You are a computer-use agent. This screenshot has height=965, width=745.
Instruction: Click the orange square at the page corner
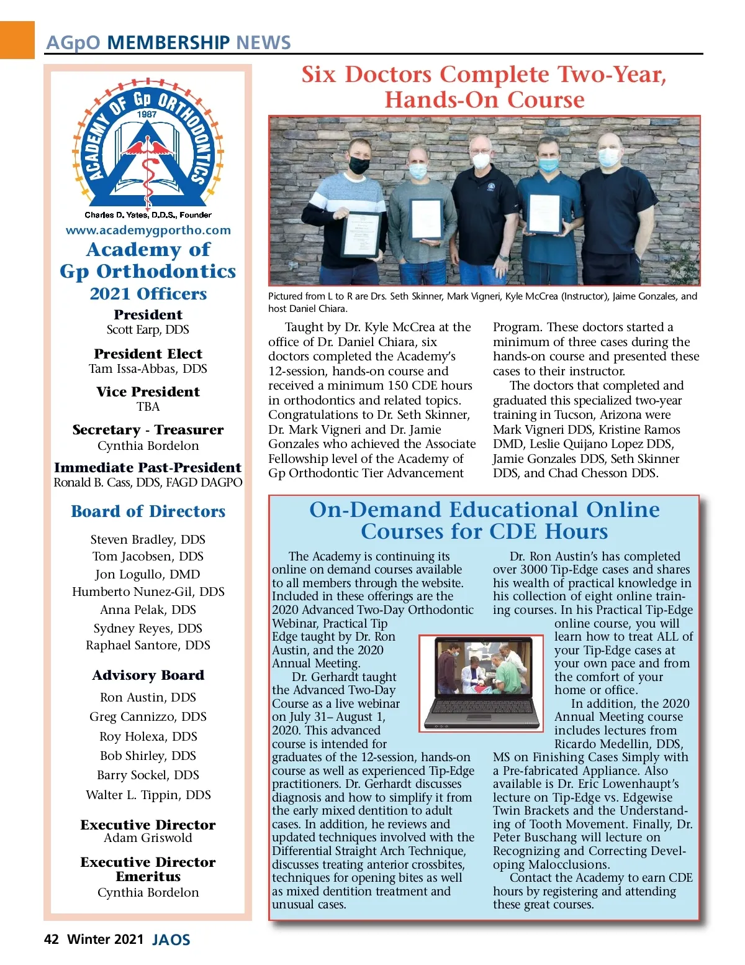17,40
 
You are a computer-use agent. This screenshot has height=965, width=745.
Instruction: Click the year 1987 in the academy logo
147,114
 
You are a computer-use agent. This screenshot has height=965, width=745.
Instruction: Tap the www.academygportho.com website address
148,230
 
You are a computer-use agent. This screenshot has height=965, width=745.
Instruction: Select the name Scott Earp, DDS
148,329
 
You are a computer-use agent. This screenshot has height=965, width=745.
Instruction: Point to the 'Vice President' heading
148,391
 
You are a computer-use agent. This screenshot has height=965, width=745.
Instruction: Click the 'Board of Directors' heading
148,511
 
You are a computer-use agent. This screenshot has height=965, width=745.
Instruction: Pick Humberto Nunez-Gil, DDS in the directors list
148,592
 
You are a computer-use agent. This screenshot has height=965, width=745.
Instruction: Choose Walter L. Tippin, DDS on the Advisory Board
148,795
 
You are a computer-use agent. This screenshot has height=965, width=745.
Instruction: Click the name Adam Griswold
148,838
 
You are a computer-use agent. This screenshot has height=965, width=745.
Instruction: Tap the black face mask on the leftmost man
359,165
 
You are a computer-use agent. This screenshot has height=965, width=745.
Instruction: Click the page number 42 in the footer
52,939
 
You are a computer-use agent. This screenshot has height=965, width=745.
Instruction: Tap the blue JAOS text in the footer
171,940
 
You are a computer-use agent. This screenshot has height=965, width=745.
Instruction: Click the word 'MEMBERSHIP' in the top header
168,42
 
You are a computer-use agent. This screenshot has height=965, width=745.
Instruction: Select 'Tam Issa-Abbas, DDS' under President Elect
148,368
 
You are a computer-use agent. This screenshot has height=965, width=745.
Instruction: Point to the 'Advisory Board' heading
148,675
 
